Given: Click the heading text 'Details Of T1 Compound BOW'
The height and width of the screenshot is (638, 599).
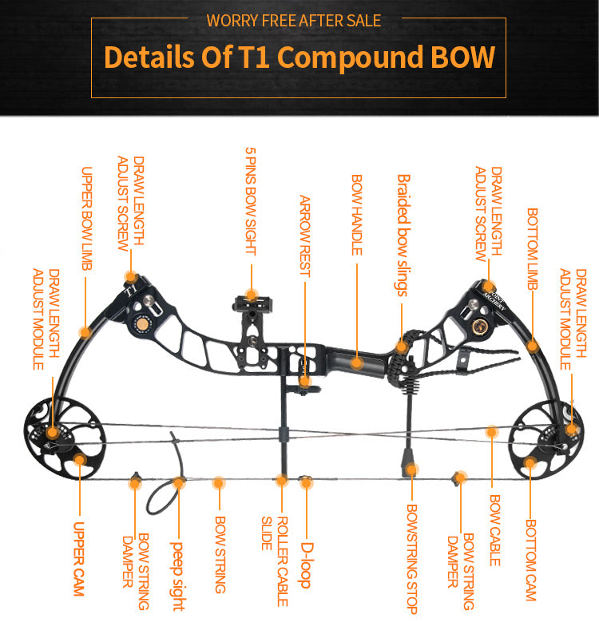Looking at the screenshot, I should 299,57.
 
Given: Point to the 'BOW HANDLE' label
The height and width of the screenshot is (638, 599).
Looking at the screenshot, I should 356,215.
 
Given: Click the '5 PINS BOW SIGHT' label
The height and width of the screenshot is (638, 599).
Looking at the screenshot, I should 250,200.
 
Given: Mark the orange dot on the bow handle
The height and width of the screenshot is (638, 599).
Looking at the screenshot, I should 357,363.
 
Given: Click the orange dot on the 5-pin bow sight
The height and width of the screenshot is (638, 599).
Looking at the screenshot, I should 251,295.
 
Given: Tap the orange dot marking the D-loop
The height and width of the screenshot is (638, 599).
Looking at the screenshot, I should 305,481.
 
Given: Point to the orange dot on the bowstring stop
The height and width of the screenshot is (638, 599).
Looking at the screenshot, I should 412,470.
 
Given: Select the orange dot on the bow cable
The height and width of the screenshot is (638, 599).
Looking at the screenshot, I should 492,432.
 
